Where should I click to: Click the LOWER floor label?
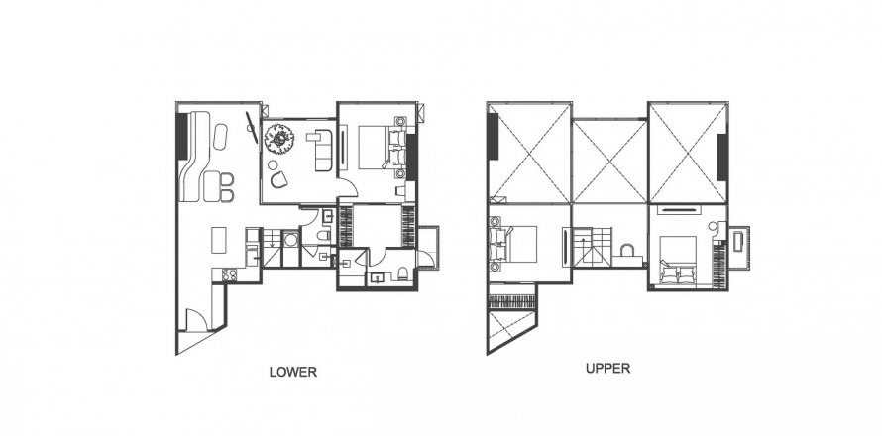coord(292,374)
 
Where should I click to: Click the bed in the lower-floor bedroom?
coord(378,148)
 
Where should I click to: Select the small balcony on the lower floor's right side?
coord(429,244)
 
